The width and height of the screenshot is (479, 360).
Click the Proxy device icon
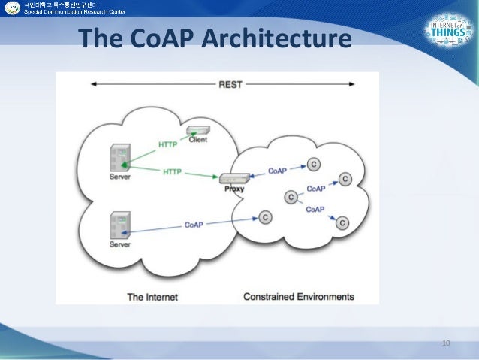(233, 178)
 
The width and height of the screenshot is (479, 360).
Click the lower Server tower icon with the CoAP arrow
(119, 225)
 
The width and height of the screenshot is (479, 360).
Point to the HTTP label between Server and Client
(168, 144)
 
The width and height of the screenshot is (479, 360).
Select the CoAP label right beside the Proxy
(277, 171)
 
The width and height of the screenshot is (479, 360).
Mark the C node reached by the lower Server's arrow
(265, 217)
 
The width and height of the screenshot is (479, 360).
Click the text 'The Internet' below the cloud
(152, 297)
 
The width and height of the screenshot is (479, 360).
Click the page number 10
(445, 343)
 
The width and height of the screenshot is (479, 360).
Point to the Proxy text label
(233, 189)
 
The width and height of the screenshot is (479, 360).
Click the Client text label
(199, 140)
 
